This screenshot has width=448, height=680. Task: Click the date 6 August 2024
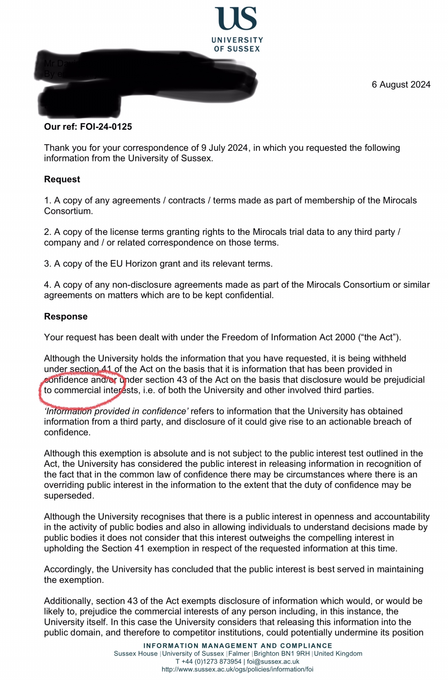(401, 85)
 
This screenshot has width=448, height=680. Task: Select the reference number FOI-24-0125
(106, 127)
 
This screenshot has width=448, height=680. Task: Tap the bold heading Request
(62, 179)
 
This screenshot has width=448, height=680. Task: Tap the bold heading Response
(66, 317)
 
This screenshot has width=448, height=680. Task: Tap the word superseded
(69, 496)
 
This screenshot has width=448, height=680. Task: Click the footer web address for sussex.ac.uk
(237, 669)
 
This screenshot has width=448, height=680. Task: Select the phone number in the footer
(209, 662)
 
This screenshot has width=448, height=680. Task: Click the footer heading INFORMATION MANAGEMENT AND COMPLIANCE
(238, 646)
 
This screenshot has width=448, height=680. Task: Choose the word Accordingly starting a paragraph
(69, 569)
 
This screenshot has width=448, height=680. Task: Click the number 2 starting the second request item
(46, 232)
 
